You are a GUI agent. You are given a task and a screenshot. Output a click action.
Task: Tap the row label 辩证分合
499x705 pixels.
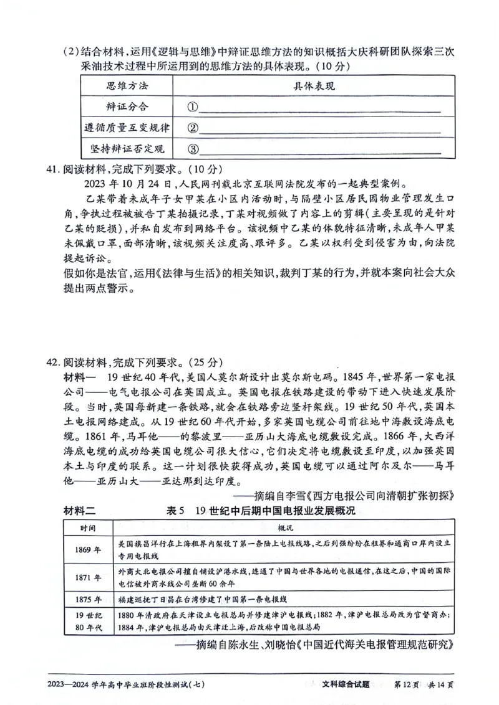tap(127, 106)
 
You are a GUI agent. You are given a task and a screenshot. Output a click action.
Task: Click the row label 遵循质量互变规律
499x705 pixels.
tap(127, 128)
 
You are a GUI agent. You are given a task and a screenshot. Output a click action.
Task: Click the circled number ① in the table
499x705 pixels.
tap(192, 107)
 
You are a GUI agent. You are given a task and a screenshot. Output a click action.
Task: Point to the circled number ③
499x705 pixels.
tap(192, 149)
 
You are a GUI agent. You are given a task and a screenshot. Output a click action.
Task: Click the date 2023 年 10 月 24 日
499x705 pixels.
tap(129, 184)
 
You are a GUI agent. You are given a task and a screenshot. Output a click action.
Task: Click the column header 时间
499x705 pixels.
tap(87, 528)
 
